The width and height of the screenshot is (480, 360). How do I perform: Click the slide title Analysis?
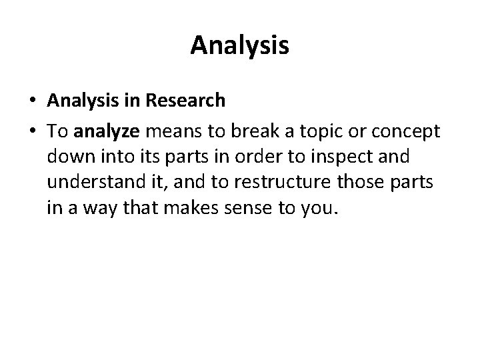239,46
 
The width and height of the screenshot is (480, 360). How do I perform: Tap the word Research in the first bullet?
189,101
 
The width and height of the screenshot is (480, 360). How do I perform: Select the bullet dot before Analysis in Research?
33,101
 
